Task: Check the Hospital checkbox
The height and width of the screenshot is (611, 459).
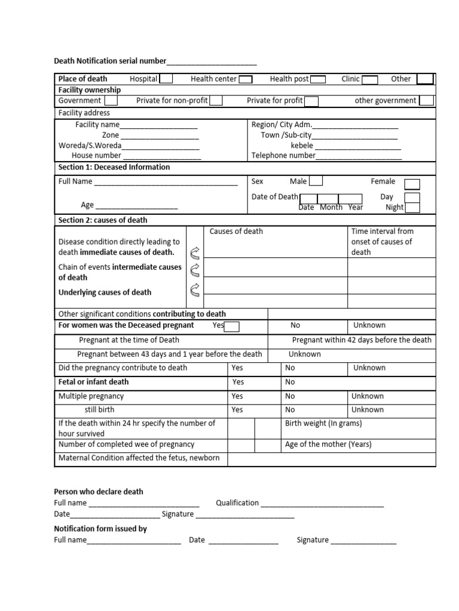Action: click(167, 79)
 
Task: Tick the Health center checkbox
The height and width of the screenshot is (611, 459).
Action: click(245, 79)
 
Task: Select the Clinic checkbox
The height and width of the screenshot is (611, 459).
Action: click(370, 79)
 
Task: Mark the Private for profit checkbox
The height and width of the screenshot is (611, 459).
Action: click(311, 101)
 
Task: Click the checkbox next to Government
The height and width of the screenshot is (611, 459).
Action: click(111, 101)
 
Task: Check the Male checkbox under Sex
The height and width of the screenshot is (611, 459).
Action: click(316, 181)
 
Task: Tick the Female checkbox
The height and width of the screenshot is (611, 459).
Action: click(412, 184)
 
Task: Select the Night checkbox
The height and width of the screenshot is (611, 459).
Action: click(412, 208)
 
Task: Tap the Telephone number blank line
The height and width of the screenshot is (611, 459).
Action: click(359, 156)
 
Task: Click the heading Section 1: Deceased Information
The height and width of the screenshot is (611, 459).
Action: click(114, 167)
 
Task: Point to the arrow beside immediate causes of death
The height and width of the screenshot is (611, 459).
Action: click(195, 252)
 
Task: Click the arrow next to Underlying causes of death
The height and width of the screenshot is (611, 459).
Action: click(195, 291)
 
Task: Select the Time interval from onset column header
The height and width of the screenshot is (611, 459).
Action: click(382, 242)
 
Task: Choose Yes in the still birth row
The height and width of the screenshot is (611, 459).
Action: click(237, 410)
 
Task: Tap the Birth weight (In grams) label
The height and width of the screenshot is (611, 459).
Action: click(323, 424)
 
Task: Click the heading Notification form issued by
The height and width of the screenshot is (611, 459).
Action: click(100, 529)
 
